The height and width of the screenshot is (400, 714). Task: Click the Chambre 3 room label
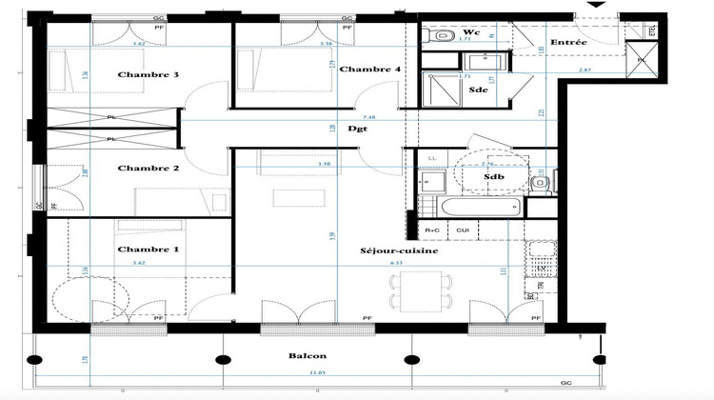tap(149, 74)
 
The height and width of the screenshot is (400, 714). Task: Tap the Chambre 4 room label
tap(370, 69)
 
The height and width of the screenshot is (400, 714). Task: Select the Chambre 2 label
tap(149, 169)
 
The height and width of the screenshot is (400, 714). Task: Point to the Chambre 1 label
tap(149, 250)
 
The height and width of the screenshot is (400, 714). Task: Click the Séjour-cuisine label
tap(399, 251)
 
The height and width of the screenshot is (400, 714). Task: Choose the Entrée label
tap(567, 42)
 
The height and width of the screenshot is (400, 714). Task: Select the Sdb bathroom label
tap(493, 176)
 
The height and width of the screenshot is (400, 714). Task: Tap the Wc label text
tap(470, 32)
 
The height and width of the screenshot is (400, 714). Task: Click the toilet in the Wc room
tap(443, 36)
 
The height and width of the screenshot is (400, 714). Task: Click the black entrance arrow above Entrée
tap(597, 6)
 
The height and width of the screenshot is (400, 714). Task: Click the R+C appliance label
tap(432, 230)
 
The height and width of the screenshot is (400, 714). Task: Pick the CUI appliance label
tap(464, 230)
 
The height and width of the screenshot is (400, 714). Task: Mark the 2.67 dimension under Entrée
tap(585, 70)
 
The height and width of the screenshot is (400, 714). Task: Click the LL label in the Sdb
tap(432, 157)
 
